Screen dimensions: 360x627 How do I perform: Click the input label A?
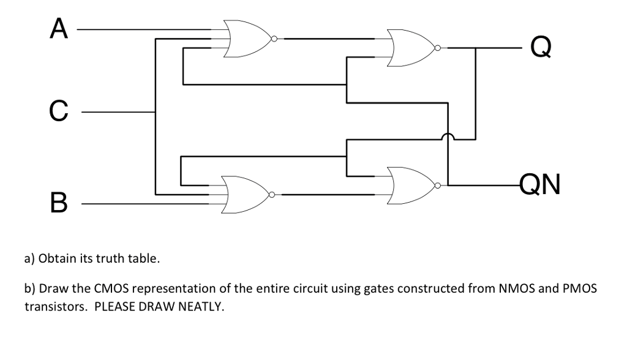(x=58, y=29)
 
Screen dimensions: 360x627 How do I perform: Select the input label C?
(x=57, y=112)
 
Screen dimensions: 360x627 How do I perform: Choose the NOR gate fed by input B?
(x=244, y=195)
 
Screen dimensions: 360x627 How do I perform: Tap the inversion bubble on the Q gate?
(x=437, y=47)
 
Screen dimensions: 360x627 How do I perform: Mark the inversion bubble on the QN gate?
(x=437, y=184)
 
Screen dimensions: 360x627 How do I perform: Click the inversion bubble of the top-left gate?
(x=274, y=39)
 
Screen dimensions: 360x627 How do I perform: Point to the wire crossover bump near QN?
(x=449, y=138)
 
